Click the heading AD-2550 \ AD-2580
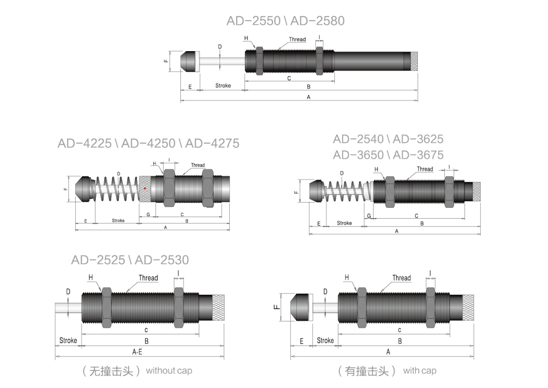click(285, 21)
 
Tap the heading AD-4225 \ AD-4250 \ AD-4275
click(148, 143)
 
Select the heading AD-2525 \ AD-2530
click(130, 260)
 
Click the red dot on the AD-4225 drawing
click(145, 188)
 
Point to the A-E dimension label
click(137, 352)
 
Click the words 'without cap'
click(169, 371)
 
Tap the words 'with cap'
click(420, 371)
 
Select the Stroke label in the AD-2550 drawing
click(223, 85)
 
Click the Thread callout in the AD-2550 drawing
click(297, 39)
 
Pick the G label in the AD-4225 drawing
click(148, 215)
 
